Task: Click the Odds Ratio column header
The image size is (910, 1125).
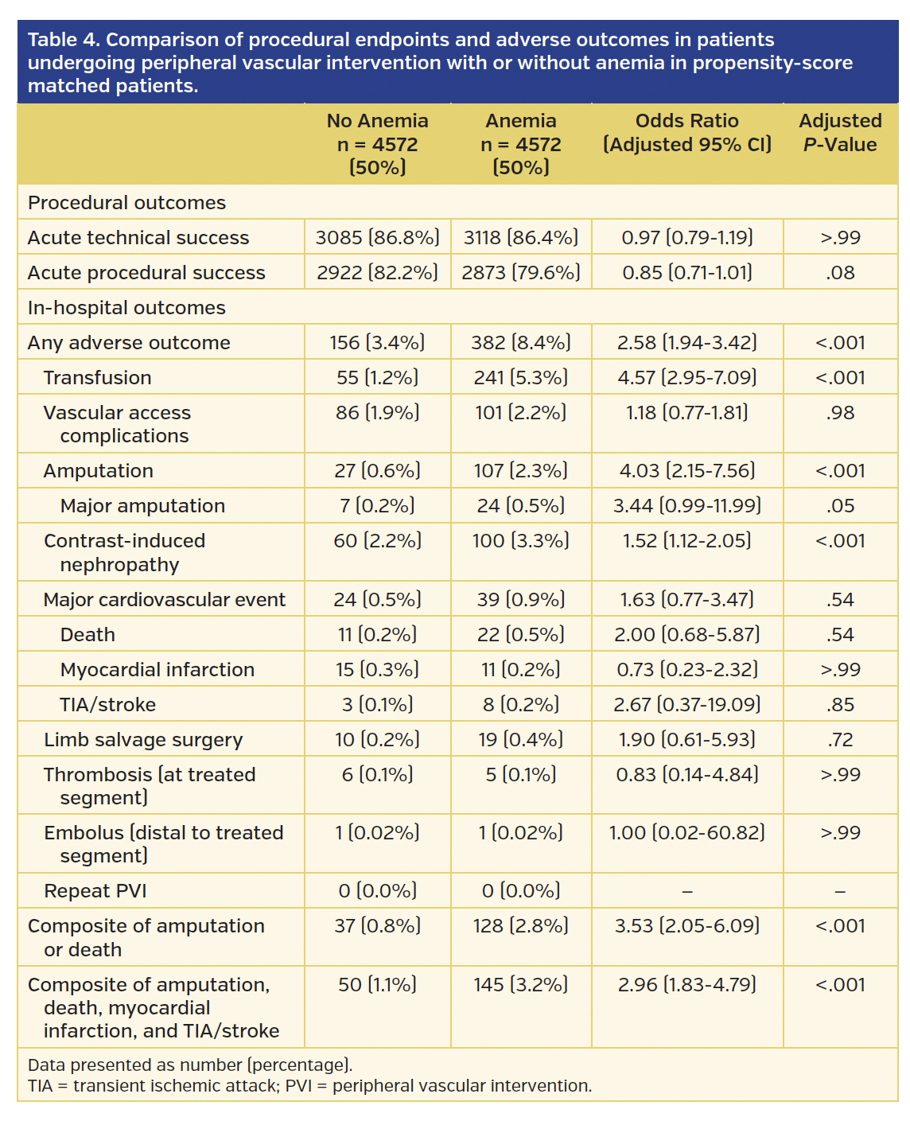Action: (687, 132)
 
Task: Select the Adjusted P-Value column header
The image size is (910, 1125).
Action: (840, 132)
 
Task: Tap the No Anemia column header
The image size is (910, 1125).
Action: (377, 143)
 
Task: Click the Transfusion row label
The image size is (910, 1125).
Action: (97, 377)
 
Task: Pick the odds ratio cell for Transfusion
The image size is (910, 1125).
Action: (687, 377)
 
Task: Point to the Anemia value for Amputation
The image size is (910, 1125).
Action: (521, 470)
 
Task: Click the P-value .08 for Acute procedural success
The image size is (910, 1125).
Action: (840, 272)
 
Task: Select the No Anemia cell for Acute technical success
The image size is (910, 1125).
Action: (377, 237)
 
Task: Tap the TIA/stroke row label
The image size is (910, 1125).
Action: (107, 704)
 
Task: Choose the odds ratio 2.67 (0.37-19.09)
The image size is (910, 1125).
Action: (687, 704)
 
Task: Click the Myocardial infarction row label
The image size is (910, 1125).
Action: (157, 669)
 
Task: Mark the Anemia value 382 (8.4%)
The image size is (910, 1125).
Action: (521, 342)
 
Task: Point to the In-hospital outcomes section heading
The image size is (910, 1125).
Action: (126, 307)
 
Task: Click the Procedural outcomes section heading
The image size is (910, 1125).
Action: (126, 202)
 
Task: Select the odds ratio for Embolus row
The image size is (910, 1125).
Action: (687, 832)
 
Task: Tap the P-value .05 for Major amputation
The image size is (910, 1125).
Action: (840, 505)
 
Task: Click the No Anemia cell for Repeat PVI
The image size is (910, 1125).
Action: (377, 890)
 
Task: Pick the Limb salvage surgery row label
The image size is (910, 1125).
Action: (143, 739)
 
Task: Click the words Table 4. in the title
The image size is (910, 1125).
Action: (63, 40)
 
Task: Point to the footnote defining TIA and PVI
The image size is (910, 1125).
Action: (309, 1085)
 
